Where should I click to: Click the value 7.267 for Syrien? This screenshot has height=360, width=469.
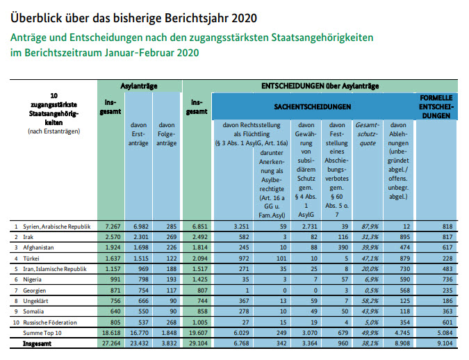point(112,227)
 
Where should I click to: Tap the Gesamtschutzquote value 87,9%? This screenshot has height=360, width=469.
point(366,227)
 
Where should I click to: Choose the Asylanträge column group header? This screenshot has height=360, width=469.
point(139,85)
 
